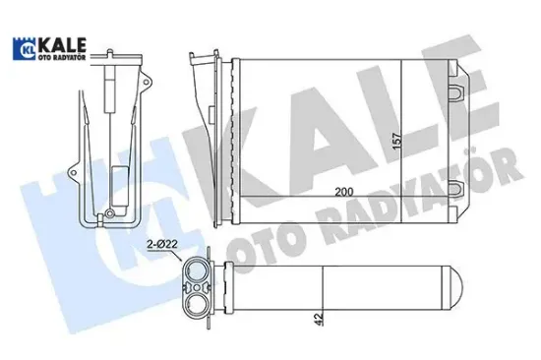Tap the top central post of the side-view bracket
pos(111,79)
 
